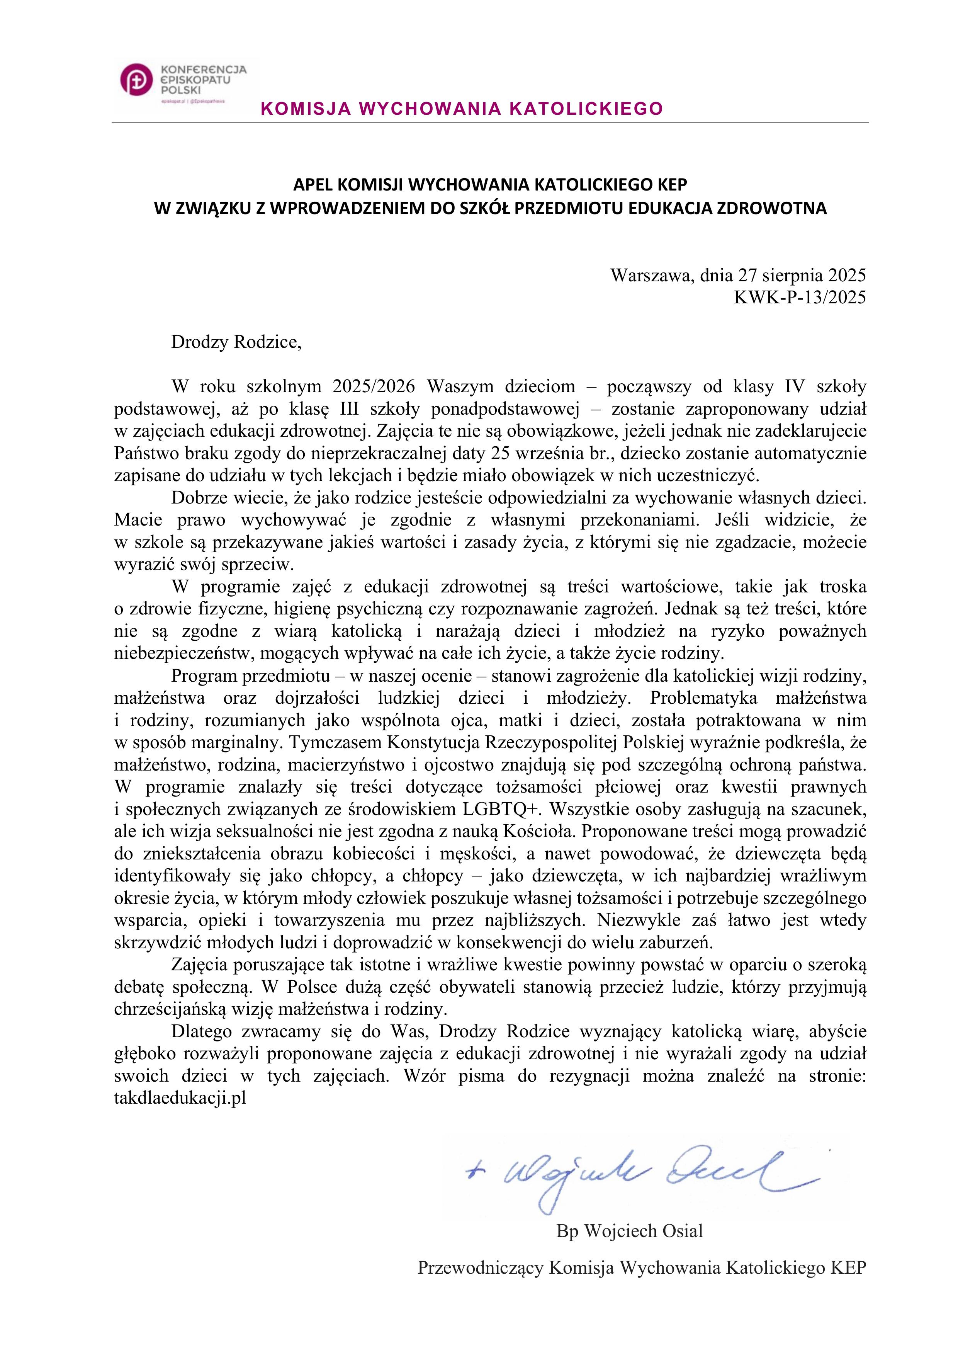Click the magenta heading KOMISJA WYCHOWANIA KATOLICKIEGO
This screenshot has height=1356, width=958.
(x=462, y=109)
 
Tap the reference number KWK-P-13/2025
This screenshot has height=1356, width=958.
(x=799, y=296)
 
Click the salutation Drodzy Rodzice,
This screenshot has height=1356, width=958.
(x=236, y=342)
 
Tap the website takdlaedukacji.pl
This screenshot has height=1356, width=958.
(x=180, y=1098)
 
